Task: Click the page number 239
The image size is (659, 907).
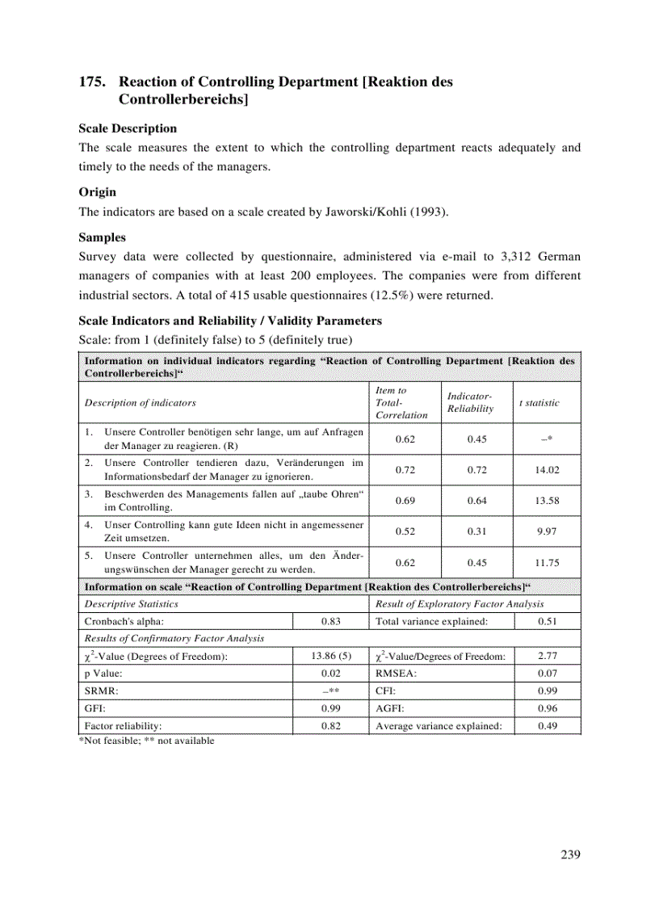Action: pos(570,855)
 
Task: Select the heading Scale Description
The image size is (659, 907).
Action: pos(127,128)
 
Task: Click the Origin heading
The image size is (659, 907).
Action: pos(97,192)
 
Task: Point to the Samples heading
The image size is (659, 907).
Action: pos(102,238)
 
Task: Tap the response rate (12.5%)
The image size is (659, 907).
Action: pos(397,295)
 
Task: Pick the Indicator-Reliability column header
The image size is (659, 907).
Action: pos(470,402)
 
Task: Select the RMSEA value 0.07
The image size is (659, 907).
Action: pos(547,674)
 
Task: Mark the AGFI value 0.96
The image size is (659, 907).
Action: pos(547,708)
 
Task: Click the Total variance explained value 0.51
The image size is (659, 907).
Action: pos(547,621)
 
